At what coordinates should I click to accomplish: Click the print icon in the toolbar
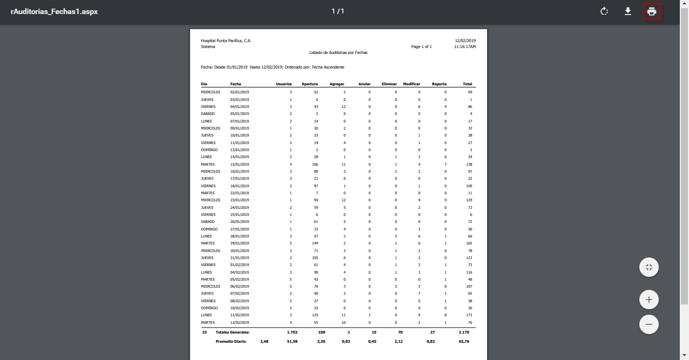(x=652, y=11)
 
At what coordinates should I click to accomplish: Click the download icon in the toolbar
(x=628, y=11)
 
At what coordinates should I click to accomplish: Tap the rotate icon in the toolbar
(x=604, y=11)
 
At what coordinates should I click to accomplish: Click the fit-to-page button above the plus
(x=649, y=267)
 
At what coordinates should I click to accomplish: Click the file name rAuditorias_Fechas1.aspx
(x=54, y=11)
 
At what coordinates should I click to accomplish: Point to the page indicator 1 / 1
(x=338, y=11)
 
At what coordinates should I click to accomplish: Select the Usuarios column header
(x=283, y=84)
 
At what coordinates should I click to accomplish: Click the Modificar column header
(x=411, y=84)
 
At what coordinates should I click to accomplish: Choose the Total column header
(x=467, y=84)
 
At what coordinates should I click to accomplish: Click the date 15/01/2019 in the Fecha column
(x=239, y=164)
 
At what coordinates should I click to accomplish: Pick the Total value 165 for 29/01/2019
(x=469, y=243)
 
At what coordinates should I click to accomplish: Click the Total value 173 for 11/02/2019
(x=469, y=315)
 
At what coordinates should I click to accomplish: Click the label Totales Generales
(x=232, y=332)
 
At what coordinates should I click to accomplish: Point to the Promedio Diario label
(x=231, y=342)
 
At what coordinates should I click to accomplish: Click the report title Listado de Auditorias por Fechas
(x=338, y=53)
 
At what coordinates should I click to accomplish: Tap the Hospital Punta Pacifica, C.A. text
(x=226, y=40)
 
